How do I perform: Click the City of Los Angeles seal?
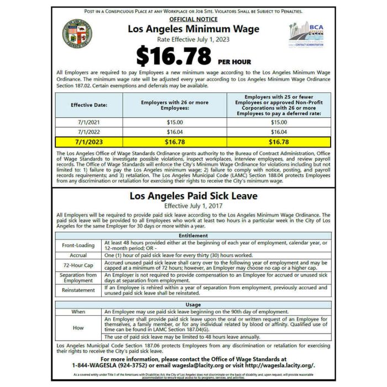coord(77,33)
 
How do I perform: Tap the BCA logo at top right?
coord(308,34)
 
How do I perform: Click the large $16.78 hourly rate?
coord(174,56)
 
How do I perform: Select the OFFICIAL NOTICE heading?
coord(193,19)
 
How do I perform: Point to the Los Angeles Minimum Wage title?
coord(193,29)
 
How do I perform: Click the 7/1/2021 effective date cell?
coord(89,122)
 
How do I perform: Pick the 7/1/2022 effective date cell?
coord(89,132)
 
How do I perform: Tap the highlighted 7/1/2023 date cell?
coord(89,142)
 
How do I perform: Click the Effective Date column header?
coord(89,104)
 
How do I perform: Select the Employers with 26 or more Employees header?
coord(175,104)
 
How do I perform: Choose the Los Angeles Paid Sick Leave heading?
coord(193,196)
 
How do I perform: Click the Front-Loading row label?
coord(80,245)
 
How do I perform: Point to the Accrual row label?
coord(80,256)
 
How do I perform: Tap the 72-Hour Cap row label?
coord(80,265)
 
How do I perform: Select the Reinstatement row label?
coord(80,290)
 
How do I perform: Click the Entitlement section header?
coord(193,236)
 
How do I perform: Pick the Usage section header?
coord(193,305)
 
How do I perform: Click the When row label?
coord(80,312)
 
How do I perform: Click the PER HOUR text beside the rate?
coord(234,60)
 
